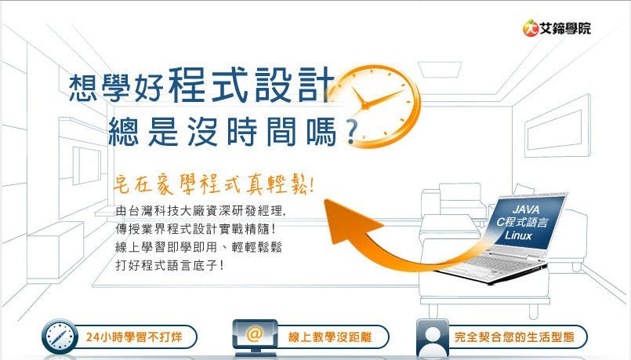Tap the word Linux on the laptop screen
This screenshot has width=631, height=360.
tap(518, 235)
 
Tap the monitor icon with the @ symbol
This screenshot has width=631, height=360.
tap(255, 335)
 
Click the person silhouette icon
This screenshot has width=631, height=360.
tap(432, 336)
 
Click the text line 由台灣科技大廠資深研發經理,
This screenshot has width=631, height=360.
tap(201, 212)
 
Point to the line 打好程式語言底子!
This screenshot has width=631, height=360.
tap(169, 265)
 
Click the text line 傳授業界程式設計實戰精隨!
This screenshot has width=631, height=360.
tap(195, 229)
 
